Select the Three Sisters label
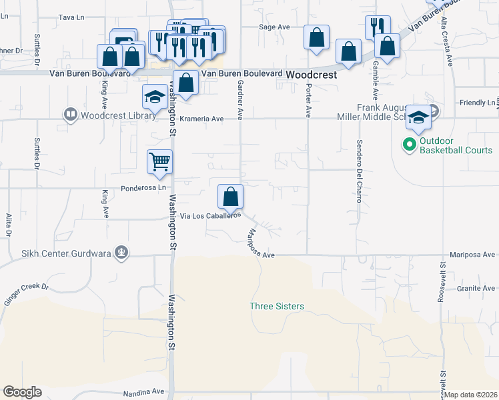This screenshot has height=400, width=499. click(277, 306)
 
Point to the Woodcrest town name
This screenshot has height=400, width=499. click(310, 76)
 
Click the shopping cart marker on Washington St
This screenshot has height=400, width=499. click(160, 161)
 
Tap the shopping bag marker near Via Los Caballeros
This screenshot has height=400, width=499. click(231, 197)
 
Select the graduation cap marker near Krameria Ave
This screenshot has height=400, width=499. click(155, 97)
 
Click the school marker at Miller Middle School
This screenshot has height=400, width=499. click(418, 117)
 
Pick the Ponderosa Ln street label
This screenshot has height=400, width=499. click(143, 188)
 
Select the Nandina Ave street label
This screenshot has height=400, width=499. click(143, 392)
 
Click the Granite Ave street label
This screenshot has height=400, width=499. click(476, 289)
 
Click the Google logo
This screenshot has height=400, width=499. click(22, 392)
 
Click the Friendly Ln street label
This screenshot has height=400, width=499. click(478, 103)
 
